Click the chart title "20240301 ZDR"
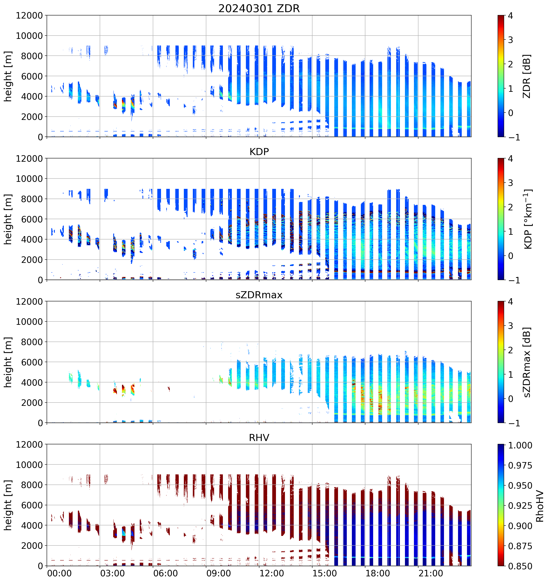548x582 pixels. [259, 8]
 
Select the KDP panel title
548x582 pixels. [259, 152]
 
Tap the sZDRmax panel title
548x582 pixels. [259, 295]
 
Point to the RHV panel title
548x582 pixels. [259, 438]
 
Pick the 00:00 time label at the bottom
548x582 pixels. [59, 573]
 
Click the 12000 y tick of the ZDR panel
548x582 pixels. [29, 15]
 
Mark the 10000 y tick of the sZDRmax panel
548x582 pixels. [29, 322]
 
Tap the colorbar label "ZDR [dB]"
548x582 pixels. [527, 76]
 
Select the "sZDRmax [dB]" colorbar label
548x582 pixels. [527, 362]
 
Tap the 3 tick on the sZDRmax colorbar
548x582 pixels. [511, 326]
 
